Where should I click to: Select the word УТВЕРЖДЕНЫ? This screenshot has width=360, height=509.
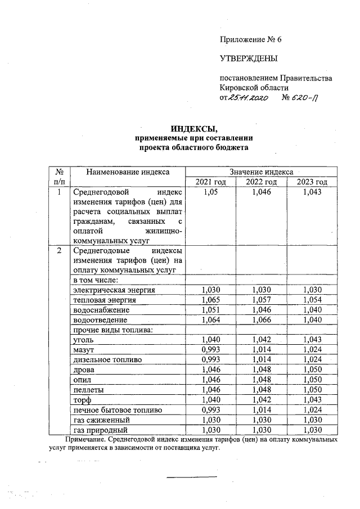248,58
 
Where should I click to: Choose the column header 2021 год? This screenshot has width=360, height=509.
210,182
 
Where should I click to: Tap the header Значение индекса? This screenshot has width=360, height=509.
261,172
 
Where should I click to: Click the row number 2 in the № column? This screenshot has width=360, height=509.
59,250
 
